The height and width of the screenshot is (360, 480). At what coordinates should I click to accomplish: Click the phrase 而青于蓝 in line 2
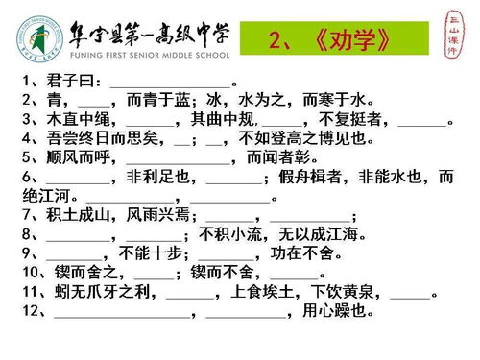pyautogui.click(x=159, y=101)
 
